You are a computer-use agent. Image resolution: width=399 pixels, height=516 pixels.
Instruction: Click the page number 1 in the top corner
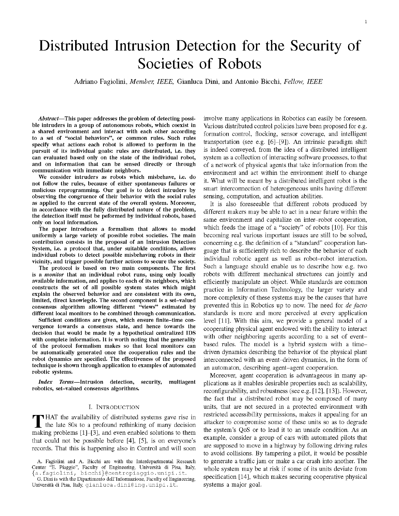tap(366, 22)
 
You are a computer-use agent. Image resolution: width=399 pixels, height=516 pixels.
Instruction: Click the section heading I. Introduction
tap(114, 407)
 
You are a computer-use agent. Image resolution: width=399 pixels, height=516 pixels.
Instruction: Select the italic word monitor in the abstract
tap(57, 274)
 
